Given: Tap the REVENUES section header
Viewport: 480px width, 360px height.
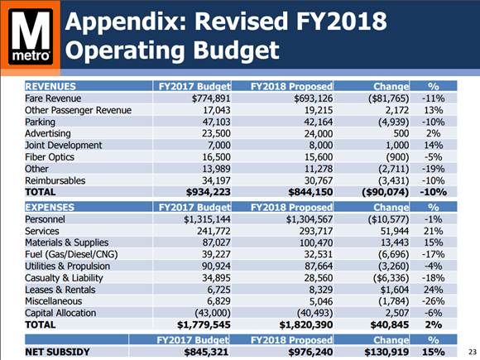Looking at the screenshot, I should coord(52,85).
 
